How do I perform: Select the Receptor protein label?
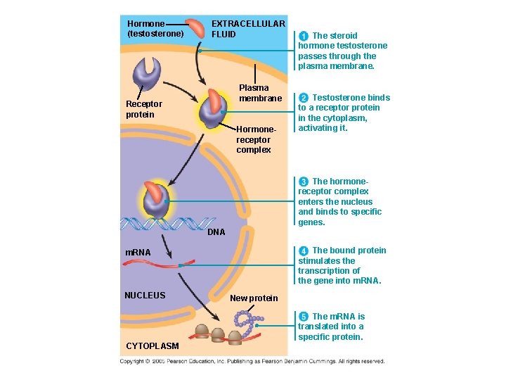143,109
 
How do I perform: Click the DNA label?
216,232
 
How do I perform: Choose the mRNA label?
138,252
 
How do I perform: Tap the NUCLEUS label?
145,295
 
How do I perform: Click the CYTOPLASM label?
152,346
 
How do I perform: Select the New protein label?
254,298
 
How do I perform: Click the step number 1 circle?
303,36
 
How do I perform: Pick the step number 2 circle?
303,98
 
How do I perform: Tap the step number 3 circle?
303,182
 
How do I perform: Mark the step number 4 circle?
303,251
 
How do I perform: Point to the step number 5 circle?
303,317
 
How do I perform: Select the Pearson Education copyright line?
252,361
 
